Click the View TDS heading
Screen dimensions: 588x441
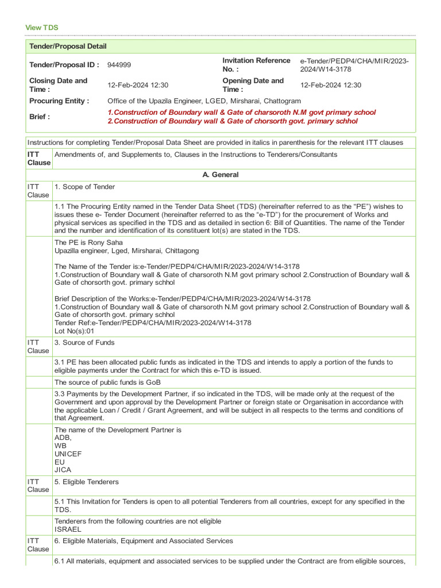click(42, 28)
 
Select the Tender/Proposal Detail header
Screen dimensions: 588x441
click(68, 46)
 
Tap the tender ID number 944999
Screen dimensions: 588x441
click(119, 65)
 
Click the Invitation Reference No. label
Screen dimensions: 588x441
click(256, 65)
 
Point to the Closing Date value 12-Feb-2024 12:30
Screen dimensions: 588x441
click(138, 85)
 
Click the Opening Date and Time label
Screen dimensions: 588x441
click(253, 85)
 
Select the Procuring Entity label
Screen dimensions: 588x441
click(59, 101)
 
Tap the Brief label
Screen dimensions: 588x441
click(40, 117)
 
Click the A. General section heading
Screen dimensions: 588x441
click(221, 175)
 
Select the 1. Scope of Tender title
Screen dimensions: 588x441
click(84, 187)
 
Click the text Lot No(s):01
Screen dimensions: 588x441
click(74, 331)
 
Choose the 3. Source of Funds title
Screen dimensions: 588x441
click(84, 342)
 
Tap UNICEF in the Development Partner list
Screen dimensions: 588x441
click(68, 454)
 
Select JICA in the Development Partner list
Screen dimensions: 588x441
click(63, 470)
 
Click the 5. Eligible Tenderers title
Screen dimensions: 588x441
click(87, 482)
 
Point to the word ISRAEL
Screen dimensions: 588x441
click(68, 529)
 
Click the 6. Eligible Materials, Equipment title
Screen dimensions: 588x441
click(144, 541)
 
